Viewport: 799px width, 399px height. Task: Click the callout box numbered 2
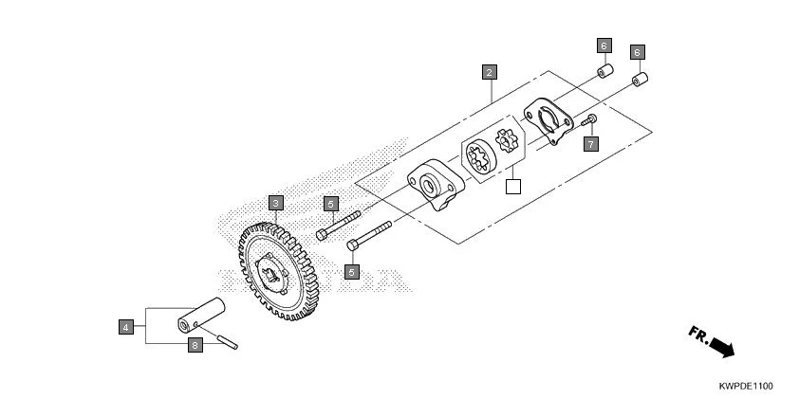pos(488,72)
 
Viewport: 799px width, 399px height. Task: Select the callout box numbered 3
pos(274,203)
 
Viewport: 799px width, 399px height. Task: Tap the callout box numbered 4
pos(125,327)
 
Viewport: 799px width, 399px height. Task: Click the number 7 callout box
pos(590,144)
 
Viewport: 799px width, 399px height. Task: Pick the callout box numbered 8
pos(195,346)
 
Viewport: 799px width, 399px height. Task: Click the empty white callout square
pos(513,186)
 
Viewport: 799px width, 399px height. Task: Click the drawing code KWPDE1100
pos(745,387)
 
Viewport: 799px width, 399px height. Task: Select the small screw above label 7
pos(589,120)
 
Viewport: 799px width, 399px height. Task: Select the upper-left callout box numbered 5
pos(330,203)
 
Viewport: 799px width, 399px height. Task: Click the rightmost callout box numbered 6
pos(637,52)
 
